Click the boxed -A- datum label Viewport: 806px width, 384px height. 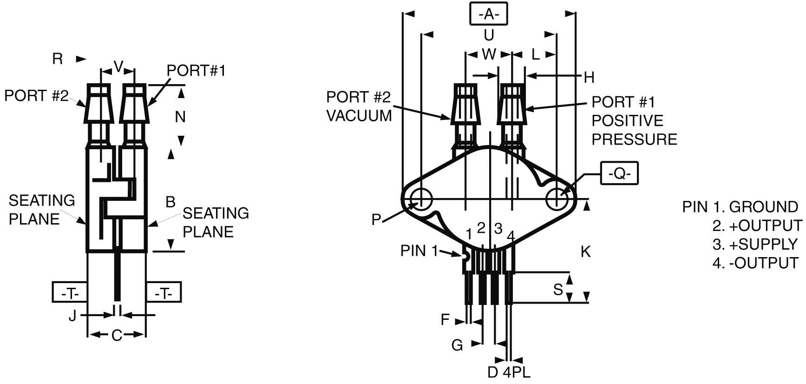(488, 13)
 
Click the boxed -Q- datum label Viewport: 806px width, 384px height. (619, 173)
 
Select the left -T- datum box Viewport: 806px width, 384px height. (70, 293)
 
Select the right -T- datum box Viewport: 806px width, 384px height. (164, 293)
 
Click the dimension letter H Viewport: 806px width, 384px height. (589, 78)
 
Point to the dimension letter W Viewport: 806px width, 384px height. (489, 54)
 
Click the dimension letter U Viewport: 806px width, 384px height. (489, 35)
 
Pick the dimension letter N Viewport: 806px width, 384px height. (180, 117)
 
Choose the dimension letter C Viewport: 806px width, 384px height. (117, 335)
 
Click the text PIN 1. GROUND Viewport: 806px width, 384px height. (740, 207)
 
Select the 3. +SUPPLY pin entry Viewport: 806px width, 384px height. (754, 244)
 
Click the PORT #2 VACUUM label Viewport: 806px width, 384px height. (359, 106)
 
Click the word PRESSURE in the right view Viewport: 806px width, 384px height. (634, 139)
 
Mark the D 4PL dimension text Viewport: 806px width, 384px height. (509, 372)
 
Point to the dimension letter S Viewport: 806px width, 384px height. (558, 290)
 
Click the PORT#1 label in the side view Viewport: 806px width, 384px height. (196, 71)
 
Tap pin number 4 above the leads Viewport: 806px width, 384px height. (511, 236)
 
